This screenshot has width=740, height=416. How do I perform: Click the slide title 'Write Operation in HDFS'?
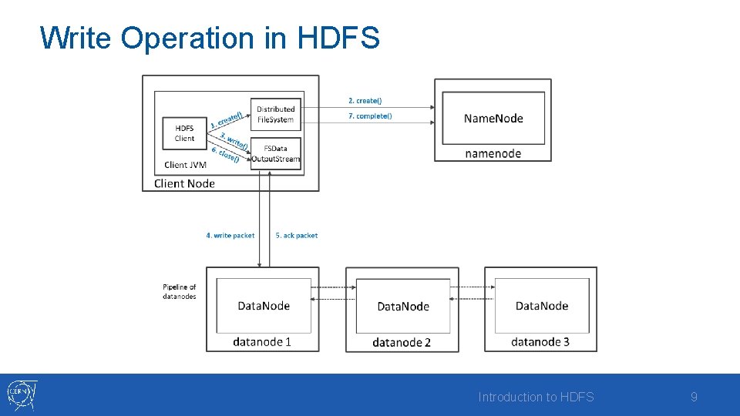[x=210, y=38]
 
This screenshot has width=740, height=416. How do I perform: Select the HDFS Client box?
[x=184, y=133]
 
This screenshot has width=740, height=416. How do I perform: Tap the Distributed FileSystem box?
[x=275, y=114]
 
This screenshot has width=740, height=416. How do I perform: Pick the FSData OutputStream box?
[x=275, y=153]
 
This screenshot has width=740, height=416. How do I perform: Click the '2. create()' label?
[x=365, y=101]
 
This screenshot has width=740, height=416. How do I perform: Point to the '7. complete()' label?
[x=369, y=116]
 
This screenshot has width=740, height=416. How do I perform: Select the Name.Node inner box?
[x=493, y=118]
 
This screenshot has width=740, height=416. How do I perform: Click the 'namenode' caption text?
[x=493, y=153]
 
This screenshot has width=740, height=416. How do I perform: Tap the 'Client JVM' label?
[x=185, y=165]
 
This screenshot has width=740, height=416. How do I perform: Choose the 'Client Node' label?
[x=184, y=183]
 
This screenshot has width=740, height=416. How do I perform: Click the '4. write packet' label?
[x=230, y=236]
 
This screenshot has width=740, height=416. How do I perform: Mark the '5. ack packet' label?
[x=297, y=236]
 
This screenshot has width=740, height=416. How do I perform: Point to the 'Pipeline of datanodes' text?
[x=180, y=292]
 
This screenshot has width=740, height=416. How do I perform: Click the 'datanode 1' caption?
[x=262, y=341]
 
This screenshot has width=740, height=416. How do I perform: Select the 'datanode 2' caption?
[x=402, y=342]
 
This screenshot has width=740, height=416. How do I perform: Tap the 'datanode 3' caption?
[x=540, y=341]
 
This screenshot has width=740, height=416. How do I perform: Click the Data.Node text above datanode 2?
[x=403, y=307]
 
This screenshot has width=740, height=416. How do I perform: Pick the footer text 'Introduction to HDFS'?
[x=536, y=398]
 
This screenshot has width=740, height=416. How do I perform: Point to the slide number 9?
[x=694, y=398]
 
